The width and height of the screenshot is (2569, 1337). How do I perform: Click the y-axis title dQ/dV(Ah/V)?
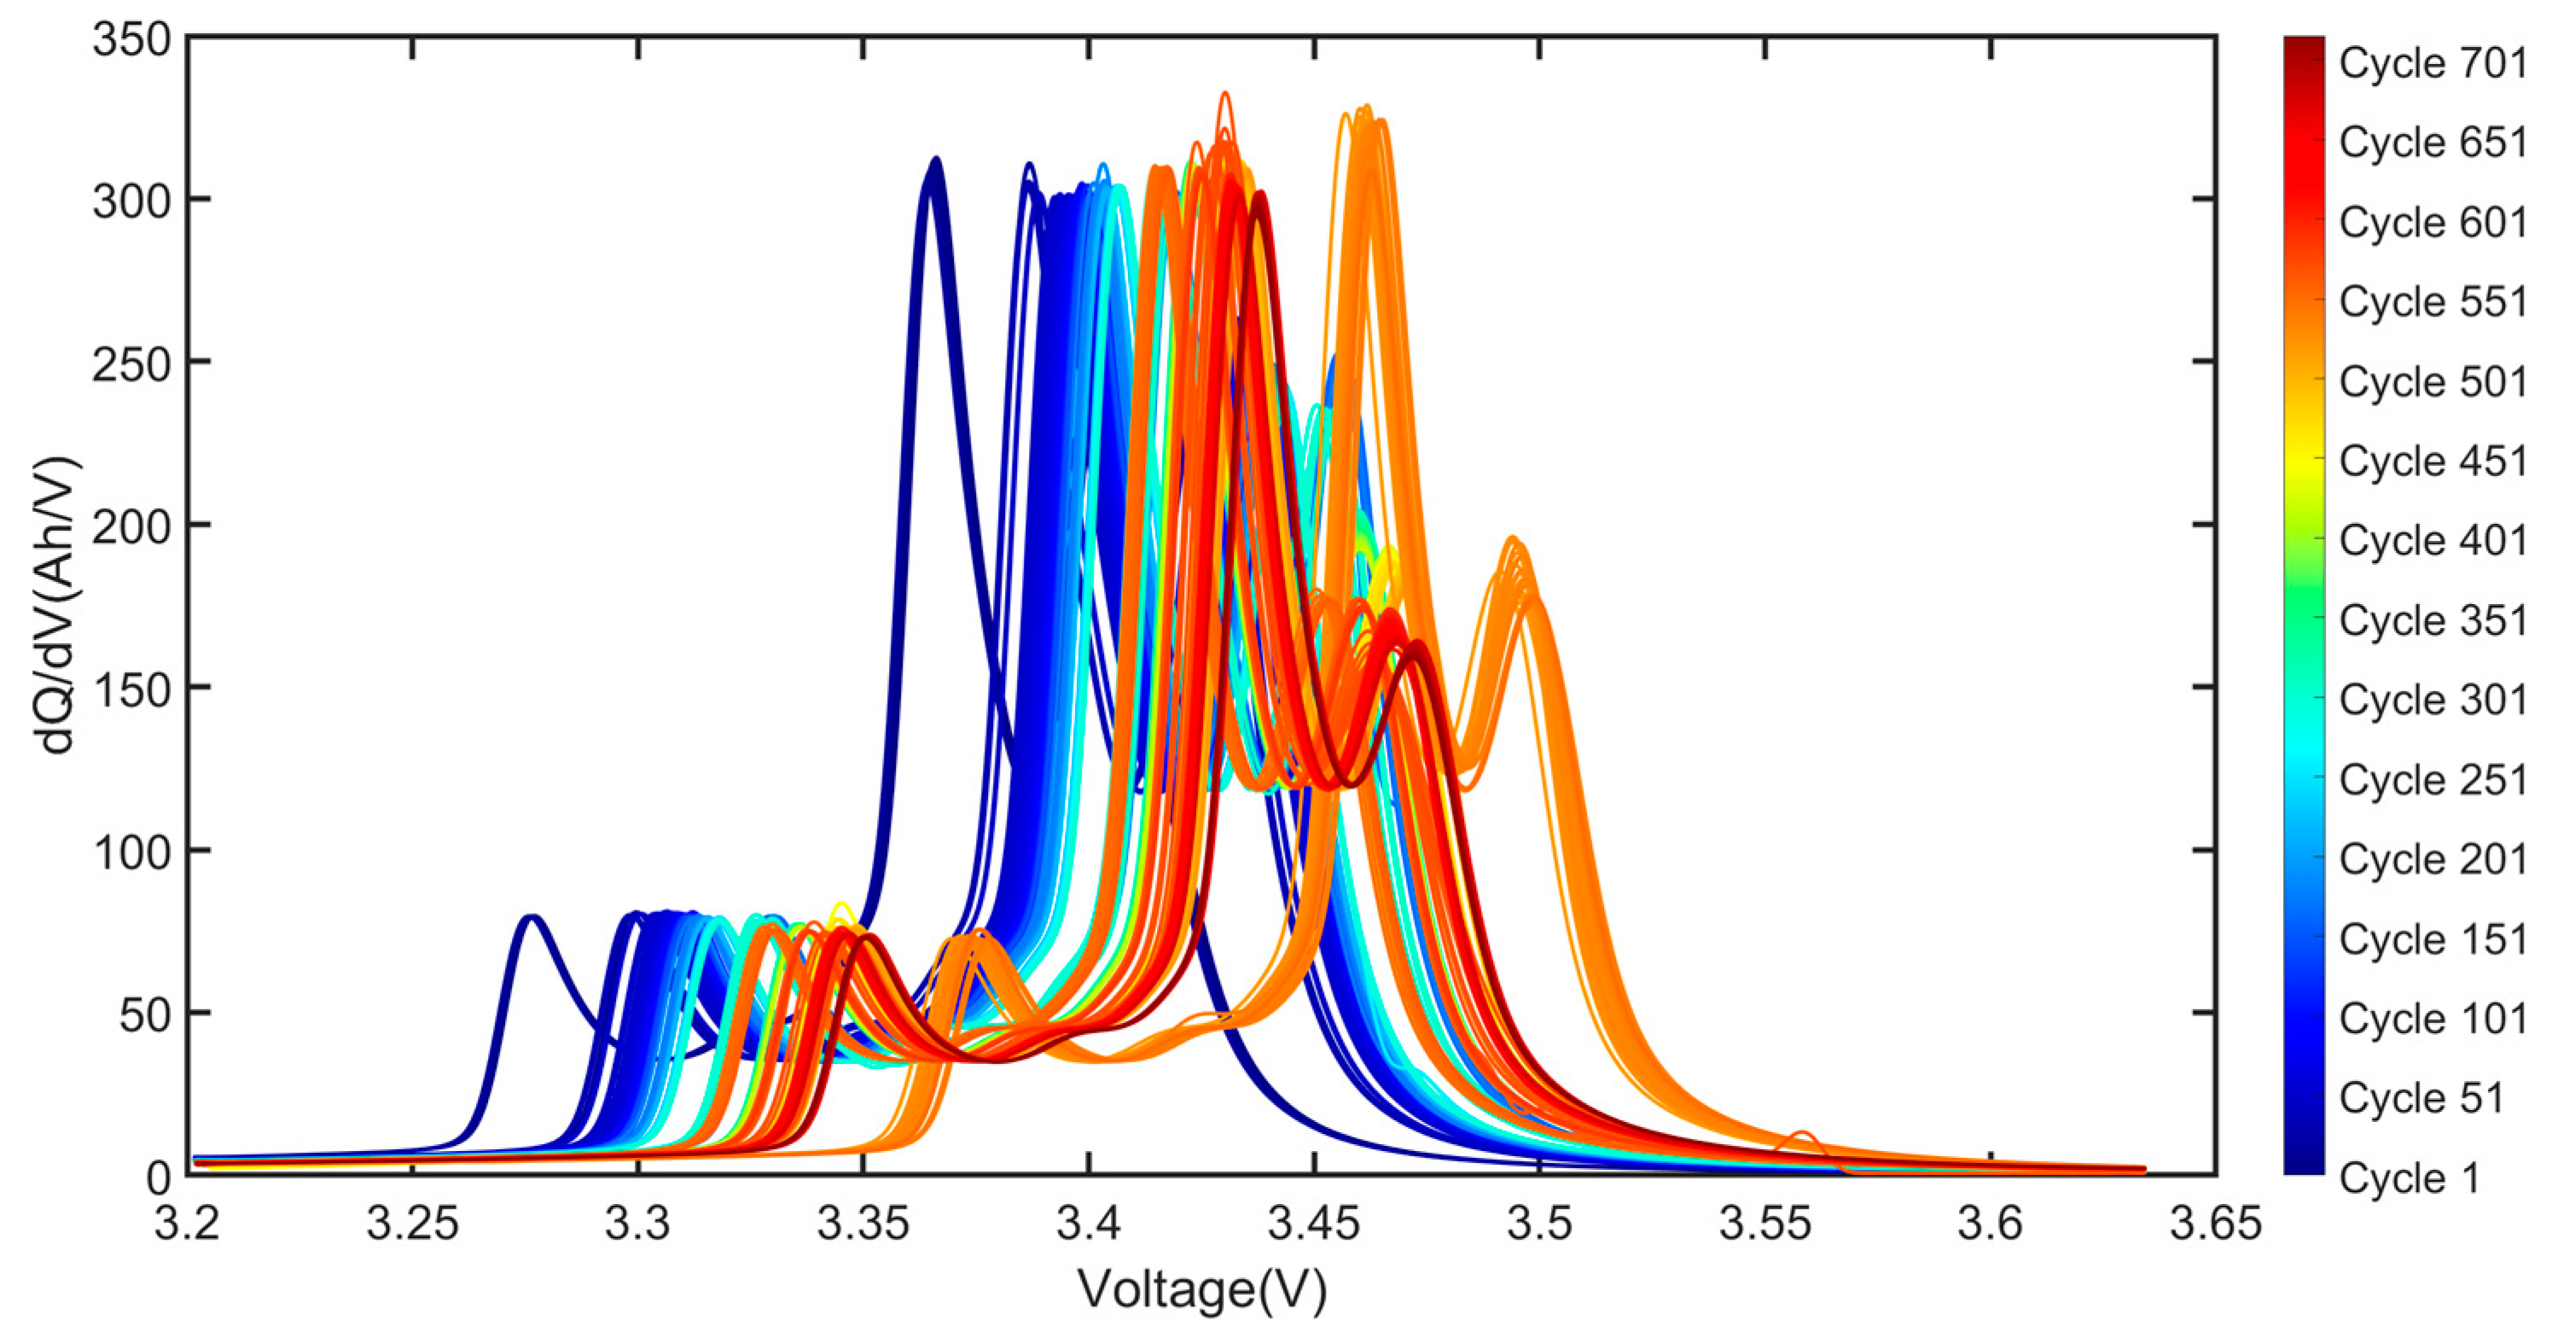click(57, 605)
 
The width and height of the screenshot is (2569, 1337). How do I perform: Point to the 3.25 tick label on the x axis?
click(412, 1224)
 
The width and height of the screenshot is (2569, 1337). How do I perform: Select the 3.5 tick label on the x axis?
click(1539, 1224)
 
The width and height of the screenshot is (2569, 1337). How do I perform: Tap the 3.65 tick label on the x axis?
click(2215, 1224)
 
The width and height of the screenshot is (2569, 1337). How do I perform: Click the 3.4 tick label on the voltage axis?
click(1088, 1224)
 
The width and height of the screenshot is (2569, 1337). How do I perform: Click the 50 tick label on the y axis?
click(144, 1014)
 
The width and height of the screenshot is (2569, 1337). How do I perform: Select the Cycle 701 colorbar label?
click(2432, 63)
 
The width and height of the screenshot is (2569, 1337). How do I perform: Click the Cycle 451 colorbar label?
click(2432, 461)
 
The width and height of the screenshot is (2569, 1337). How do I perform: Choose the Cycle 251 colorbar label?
click(2432, 780)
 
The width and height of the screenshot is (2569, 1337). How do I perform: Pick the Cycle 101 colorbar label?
click(2432, 1018)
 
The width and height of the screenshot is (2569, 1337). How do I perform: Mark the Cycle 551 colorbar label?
click(2432, 301)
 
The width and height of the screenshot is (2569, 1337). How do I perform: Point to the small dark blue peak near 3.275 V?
click(532, 918)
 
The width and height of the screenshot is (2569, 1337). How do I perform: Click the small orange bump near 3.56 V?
click(1802, 1135)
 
